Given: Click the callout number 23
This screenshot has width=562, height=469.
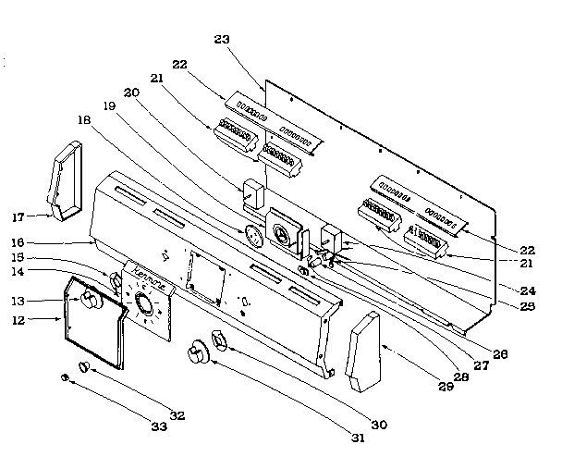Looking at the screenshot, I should [221, 39].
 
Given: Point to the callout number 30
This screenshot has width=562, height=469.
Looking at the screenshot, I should [378, 424].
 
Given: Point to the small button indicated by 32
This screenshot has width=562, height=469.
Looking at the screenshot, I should [83, 367].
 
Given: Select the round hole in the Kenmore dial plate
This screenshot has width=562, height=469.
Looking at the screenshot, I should [142, 303].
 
